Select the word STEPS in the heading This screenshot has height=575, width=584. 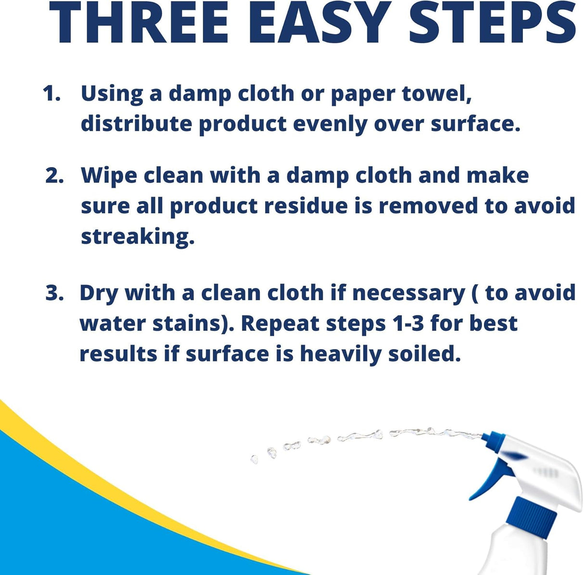[492, 23]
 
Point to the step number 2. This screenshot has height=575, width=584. [54, 175]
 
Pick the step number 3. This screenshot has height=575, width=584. [54, 293]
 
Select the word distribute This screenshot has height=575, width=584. [136, 123]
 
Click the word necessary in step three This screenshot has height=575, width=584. [409, 294]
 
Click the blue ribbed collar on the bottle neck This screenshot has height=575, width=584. [533, 514]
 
